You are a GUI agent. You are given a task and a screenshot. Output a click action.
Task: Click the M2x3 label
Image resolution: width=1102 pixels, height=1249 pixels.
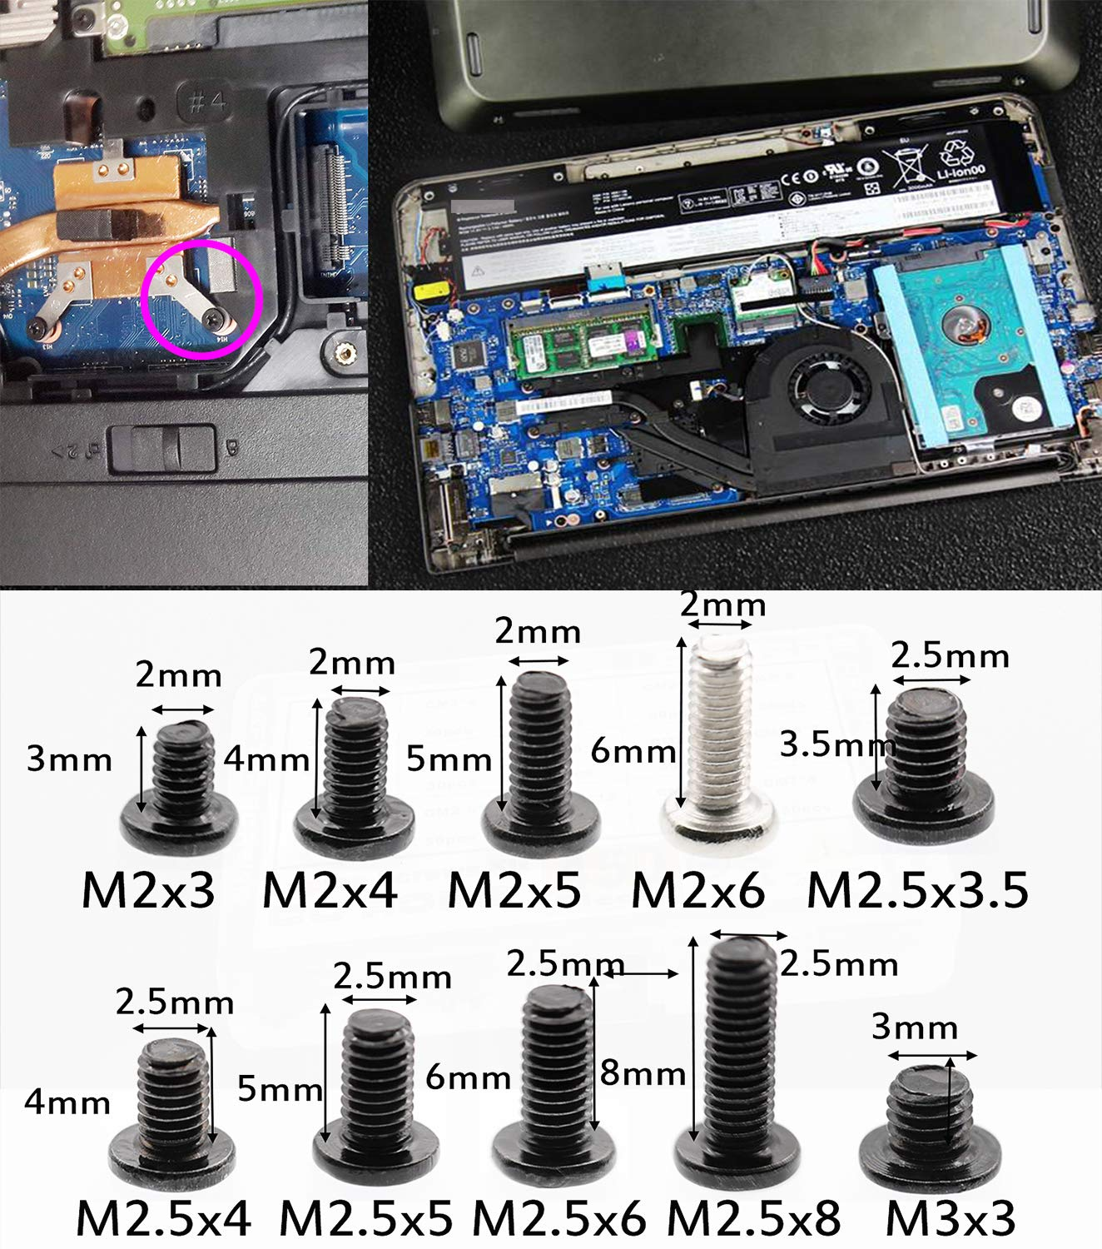click(x=148, y=890)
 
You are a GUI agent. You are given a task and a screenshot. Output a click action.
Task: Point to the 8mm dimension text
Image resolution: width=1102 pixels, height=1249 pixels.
click(x=643, y=1074)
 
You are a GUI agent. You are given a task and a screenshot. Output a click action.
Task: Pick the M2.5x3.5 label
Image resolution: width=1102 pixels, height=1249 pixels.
click(x=917, y=890)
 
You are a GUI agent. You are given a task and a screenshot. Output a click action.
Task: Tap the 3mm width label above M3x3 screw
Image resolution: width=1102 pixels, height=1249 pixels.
click(x=914, y=1028)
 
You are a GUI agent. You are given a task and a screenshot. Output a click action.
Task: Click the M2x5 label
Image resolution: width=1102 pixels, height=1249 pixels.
click(x=514, y=890)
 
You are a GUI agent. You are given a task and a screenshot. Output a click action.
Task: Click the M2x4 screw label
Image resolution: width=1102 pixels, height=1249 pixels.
click(x=330, y=890)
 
